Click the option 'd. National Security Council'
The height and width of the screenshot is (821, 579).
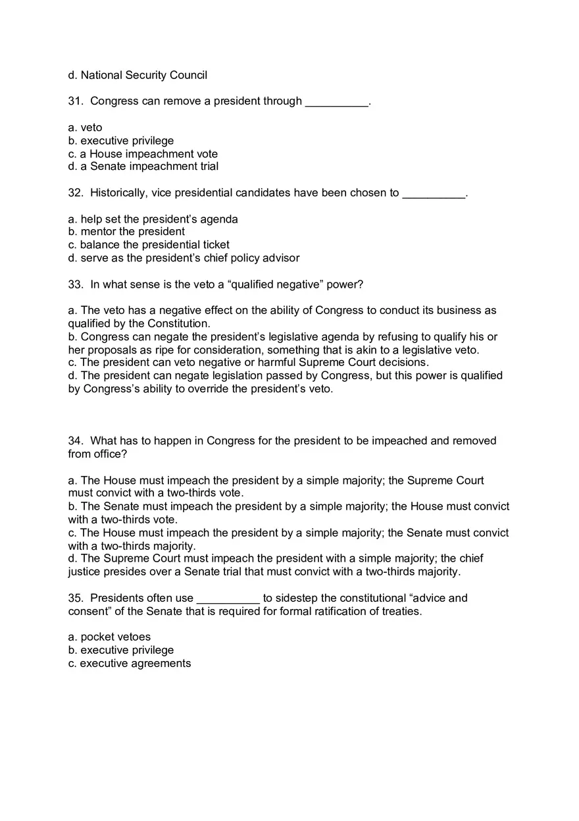click(138, 75)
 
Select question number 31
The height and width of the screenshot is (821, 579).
click(75, 101)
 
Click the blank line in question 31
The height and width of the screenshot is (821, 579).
click(336, 103)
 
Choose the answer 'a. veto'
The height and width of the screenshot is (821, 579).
click(86, 128)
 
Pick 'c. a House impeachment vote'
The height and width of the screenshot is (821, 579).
click(143, 154)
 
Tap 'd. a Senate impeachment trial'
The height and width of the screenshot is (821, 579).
click(143, 167)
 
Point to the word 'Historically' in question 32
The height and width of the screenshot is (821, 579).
click(118, 193)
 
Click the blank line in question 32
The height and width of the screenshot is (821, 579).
click(434, 194)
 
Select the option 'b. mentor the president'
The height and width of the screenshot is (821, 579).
click(126, 232)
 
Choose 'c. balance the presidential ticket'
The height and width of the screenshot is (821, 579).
click(149, 245)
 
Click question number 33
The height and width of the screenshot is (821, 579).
click(75, 284)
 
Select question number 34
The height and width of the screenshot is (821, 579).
click(75, 441)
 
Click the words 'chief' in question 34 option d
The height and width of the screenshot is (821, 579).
click(470, 558)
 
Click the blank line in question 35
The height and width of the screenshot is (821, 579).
click(228, 599)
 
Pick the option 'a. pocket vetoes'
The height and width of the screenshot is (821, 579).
click(109, 637)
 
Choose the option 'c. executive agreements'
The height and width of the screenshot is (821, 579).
click(130, 664)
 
